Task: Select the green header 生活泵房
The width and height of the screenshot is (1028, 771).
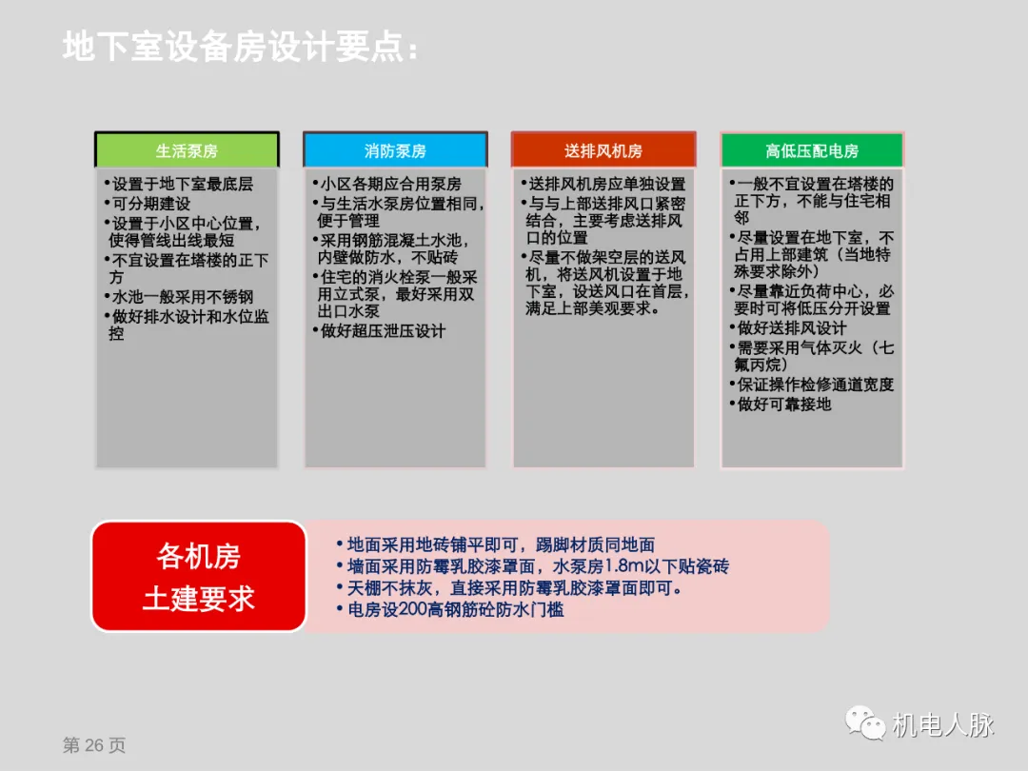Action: click(x=187, y=150)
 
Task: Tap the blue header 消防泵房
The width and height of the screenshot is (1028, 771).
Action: click(x=395, y=150)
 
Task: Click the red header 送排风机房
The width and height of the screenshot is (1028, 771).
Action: click(x=603, y=150)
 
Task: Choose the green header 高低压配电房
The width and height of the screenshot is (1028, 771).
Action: click(x=812, y=150)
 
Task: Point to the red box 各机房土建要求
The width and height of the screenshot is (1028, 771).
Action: click(x=199, y=577)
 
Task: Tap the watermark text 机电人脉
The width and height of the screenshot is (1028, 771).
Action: click(x=942, y=724)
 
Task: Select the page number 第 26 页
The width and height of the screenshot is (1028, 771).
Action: click(x=94, y=745)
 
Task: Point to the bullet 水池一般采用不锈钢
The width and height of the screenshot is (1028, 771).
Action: click(x=181, y=297)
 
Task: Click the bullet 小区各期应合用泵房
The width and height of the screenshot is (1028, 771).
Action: click(x=388, y=184)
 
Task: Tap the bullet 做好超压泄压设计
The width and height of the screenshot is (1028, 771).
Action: click(x=381, y=331)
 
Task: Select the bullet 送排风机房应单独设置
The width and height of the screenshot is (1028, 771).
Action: click(x=605, y=184)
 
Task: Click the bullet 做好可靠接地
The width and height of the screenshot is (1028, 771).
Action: click(x=782, y=404)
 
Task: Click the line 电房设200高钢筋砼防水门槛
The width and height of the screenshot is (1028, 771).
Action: click(x=453, y=609)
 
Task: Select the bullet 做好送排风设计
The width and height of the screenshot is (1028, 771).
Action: click(x=790, y=328)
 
